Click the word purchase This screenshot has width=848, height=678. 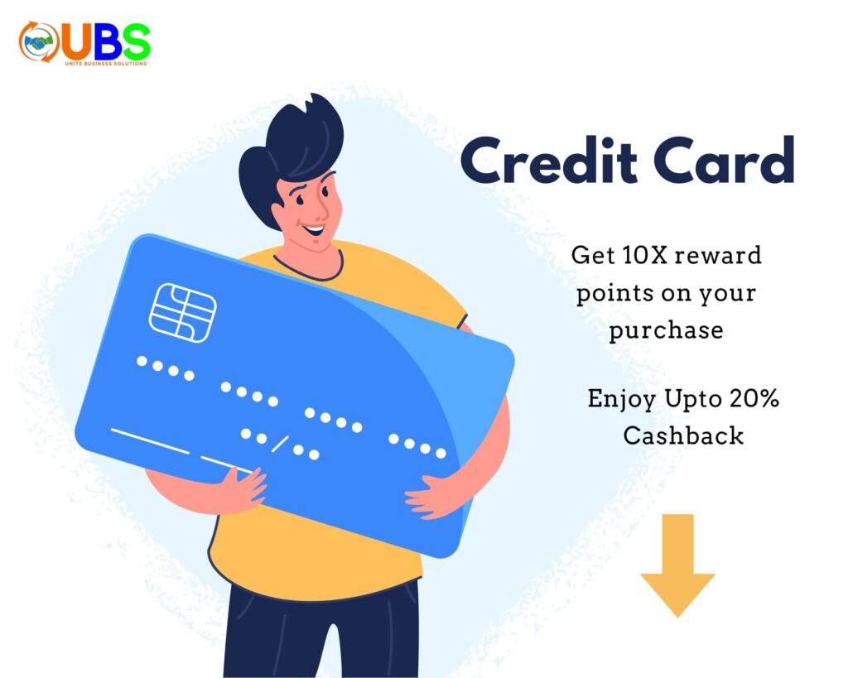click(x=666, y=330)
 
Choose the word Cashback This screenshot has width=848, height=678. click(x=683, y=435)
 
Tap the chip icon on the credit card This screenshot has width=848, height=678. click(x=183, y=312)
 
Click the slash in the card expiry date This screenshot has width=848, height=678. click(x=279, y=445)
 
